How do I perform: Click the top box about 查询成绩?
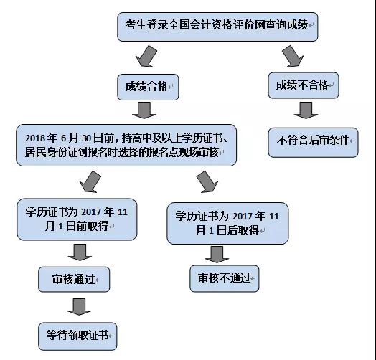tap(217, 27)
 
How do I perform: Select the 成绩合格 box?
tap(148, 87)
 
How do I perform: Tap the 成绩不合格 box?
tap(304, 85)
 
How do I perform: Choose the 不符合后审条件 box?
tap(313, 143)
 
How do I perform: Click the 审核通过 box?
tap(74, 280)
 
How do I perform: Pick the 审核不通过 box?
tap(225, 278)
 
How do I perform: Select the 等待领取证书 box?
tap(77, 336)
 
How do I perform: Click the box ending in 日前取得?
tap(77, 219)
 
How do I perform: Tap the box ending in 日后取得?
tap(227, 223)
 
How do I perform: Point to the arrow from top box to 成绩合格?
tap(146, 57)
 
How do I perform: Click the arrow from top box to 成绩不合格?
tap(293, 57)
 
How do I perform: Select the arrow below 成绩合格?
tap(144, 110)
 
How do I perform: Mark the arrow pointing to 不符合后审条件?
tap(306, 110)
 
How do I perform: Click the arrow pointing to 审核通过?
tap(80, 252)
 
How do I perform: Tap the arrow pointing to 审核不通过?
tap(217, 255)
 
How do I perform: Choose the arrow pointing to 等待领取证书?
tap(79, 307)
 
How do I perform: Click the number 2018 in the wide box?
tap(35, 138)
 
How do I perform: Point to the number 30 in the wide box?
tap(86, 138)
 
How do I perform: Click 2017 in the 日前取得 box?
tap(91, 212)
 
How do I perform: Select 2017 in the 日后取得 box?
tap(243, 217)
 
